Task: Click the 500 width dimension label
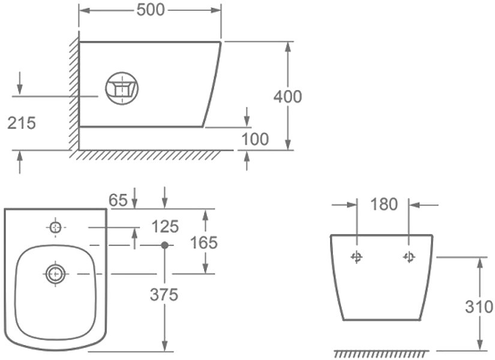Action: coord(151,10)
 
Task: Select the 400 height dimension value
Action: coord(287,97)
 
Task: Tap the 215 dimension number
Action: coord(22,123)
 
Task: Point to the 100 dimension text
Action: coord(255,139)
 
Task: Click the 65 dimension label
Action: coord(118,200)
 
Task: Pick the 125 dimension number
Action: coord(165,226)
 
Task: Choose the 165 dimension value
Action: coord(204,242)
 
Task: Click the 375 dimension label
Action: coord(164,295)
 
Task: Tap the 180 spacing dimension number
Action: coord(384,204)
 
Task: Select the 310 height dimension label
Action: coord(479,307)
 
